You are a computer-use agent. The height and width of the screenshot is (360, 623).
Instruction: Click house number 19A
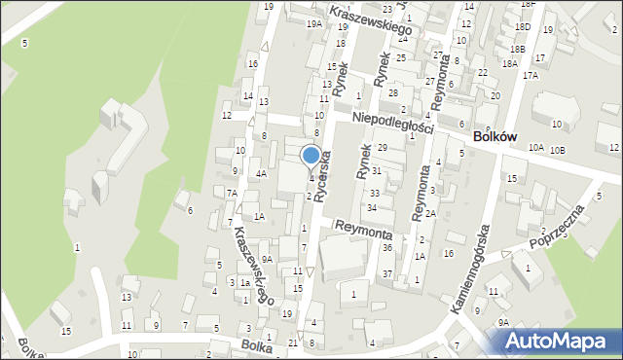[x=313, y=23]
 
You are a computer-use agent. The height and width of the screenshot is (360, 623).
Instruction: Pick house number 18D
[x=523, y=27]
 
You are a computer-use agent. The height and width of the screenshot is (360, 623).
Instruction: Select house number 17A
[x=530, y=75]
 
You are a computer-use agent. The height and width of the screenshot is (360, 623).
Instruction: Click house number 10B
[x=557, y=150]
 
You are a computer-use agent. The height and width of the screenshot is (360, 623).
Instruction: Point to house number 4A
[x=261, y=173]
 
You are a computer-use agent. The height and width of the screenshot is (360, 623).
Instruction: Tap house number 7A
[x=232, y=193]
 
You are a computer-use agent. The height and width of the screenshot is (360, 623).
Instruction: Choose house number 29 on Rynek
[x=383, y=147]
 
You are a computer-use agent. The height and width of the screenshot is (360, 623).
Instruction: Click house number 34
[x=372, y=208]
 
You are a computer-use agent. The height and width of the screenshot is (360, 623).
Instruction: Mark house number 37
[x=386, y=273]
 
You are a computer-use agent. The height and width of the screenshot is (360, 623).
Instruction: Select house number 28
[x=393, y=92]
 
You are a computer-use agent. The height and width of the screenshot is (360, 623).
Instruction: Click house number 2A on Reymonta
[x=429, y=212]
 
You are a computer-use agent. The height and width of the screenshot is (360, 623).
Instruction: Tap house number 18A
[x=509, y=63]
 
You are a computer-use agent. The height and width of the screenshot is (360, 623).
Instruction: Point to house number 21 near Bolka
[x=293, y=342]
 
